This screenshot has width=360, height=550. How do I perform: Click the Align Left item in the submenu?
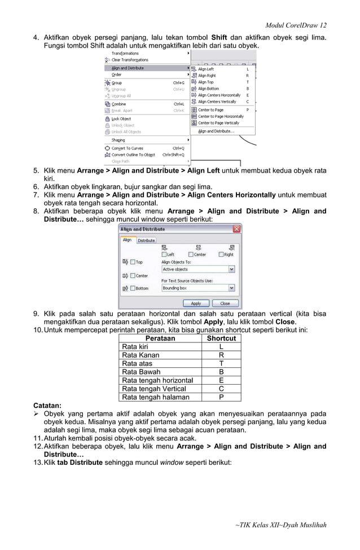206,69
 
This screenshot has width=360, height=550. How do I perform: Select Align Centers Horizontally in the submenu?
219,95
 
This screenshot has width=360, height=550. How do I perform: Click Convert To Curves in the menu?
127,148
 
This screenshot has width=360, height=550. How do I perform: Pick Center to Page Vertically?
218,123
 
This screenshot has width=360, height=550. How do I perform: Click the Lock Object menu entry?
121,119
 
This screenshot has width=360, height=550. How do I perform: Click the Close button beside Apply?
225,303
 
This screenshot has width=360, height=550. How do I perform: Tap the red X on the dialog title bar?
237,229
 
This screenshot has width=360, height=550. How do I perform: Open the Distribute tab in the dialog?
147,240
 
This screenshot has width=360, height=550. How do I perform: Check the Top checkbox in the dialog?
133,262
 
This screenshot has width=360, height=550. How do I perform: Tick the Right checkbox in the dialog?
222,254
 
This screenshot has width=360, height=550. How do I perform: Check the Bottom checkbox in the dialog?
133,288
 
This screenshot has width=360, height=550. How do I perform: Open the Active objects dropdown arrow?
231,270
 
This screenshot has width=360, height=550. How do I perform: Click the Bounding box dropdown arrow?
231,288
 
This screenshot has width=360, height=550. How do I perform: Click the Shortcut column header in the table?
221,338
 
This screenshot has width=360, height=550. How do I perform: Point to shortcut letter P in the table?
221,397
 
